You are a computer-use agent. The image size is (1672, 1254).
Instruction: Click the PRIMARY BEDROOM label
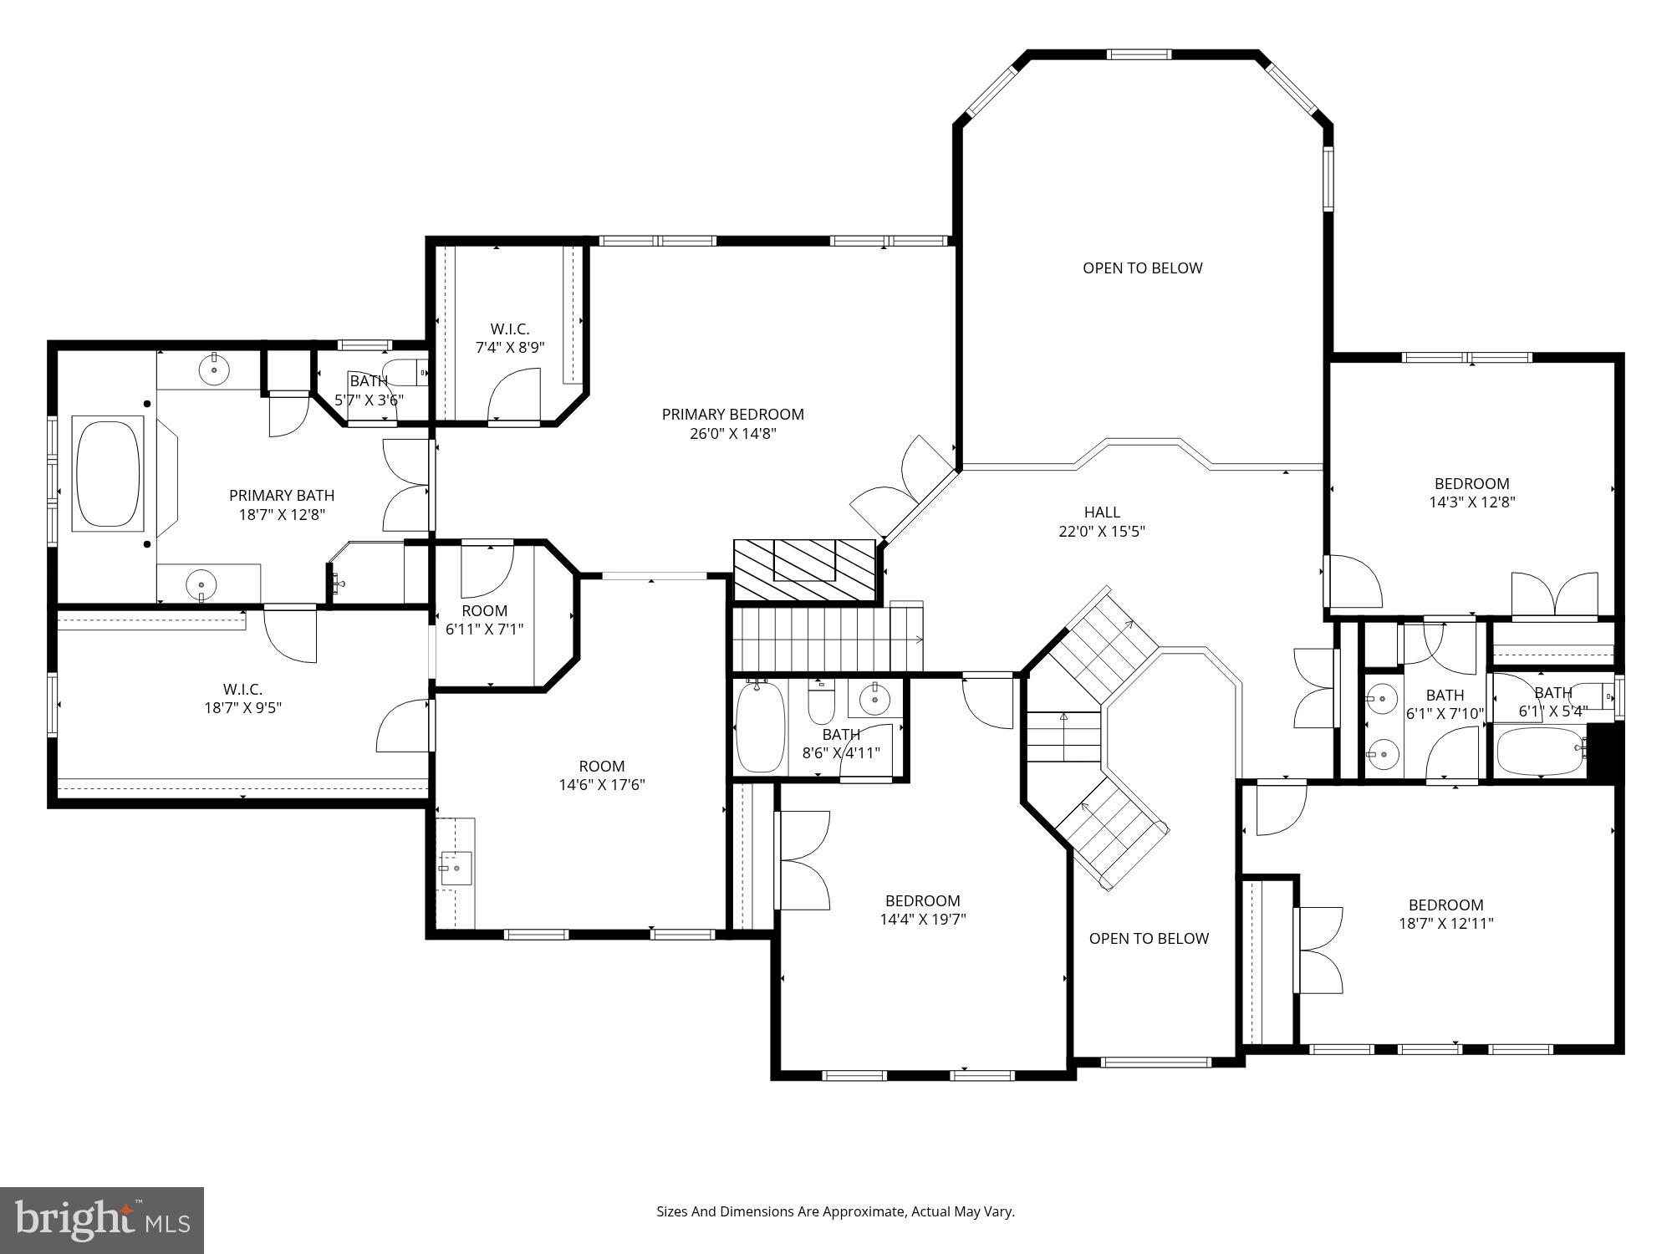point(732,415)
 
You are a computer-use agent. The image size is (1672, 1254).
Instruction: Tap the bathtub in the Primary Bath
point(109,473)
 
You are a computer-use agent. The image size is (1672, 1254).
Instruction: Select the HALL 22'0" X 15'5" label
point(1102,522)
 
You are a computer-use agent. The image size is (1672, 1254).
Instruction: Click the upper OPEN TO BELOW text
point(1142,268)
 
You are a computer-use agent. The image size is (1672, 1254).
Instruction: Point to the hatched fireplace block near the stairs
point(804,570)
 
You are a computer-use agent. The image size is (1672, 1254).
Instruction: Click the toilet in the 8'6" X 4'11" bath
point(821,704)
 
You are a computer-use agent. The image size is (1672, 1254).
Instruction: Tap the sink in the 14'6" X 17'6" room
point(456,868)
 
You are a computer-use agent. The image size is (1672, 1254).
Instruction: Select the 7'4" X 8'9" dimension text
point(510,348)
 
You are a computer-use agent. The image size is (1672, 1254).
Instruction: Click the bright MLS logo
point(102,1220)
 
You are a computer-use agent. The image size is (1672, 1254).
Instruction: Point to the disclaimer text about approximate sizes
point(835,1211)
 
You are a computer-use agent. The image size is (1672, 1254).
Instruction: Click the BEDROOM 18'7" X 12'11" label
point(1445,914)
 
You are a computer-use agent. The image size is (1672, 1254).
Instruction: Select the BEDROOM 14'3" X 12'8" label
point(1471,492)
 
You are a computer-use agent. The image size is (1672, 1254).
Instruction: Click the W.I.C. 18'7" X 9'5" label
point(242,699)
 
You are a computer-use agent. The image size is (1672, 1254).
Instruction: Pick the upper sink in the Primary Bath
point(214,368)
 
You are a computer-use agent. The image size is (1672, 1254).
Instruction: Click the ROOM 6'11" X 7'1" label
point(484,619)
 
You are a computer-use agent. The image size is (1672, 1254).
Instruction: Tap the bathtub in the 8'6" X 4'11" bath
point(760,726)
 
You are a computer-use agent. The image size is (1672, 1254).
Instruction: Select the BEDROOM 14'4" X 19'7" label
point(922,910)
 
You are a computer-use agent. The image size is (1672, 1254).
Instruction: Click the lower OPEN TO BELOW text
point(1148,938)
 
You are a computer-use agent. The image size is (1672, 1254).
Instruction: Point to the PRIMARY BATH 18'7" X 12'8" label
point(282,505)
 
